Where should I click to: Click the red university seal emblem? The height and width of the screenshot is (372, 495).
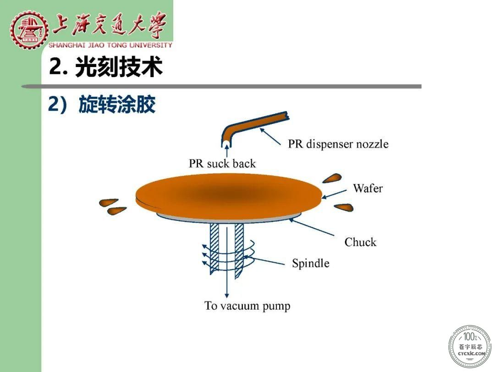(29, 29)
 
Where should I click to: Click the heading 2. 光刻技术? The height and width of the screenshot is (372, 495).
(106, 67)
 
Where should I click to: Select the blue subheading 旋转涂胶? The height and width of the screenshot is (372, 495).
(117, 104)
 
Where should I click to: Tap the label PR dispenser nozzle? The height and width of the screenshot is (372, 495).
(338, 144)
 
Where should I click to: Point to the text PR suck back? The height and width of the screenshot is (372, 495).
(222, 163)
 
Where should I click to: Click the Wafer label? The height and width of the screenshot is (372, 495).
(368, 188)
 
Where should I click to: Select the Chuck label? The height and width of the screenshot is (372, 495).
(361, 242)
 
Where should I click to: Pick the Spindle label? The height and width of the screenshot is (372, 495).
(311, 263)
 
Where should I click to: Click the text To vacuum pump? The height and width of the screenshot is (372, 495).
(247, 306)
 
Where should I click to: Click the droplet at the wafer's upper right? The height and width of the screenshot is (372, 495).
(332, 178)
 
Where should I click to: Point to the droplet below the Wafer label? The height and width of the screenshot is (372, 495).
(344, 208)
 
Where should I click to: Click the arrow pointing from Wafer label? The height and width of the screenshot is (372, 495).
(334, 194)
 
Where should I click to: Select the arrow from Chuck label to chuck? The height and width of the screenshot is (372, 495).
(311, 227)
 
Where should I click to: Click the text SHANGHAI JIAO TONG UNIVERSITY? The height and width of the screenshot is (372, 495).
(110, 45)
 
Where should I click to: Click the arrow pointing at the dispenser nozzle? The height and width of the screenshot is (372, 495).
(270, 136)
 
